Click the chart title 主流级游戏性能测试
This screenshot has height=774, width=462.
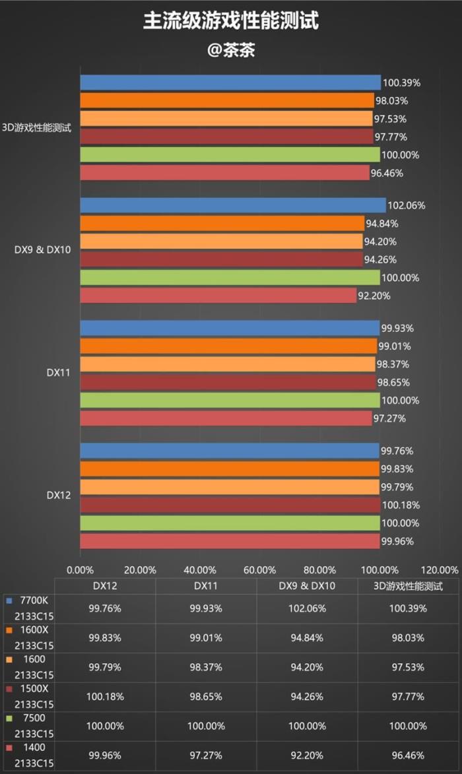(x=231, y=21)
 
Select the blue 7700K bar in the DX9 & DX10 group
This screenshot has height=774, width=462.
(x=233, y=205)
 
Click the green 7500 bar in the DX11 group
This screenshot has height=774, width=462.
(x=230, y=401)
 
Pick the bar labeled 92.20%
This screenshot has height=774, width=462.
(x=218, y=296)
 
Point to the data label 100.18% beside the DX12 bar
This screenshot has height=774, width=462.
(x=400, y=505)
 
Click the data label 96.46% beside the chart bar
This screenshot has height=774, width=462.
(x=389, y=174)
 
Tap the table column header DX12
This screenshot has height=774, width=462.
(x=105, y=586)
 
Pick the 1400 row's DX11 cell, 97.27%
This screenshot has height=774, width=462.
(x=206, y=756)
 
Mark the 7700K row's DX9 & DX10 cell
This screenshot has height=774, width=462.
(x=307, y=608)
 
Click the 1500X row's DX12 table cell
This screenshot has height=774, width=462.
(x=105, y=697)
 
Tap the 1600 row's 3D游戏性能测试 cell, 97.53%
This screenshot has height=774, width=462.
(x=409, y=668)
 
